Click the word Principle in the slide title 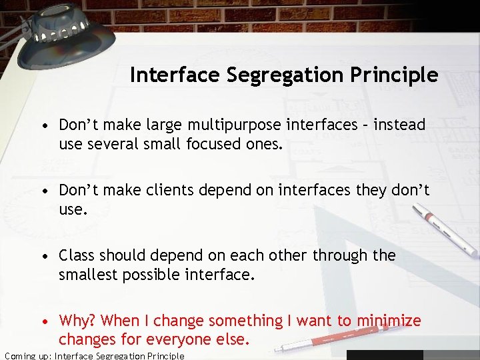(399, 75)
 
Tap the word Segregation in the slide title (291, 75)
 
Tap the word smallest (87, 274)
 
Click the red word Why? (78, 321)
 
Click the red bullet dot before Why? (45, 321)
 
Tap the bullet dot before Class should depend (45, 256)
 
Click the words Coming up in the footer (27, 355)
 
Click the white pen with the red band (444, 231)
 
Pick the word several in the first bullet (113, 143)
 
